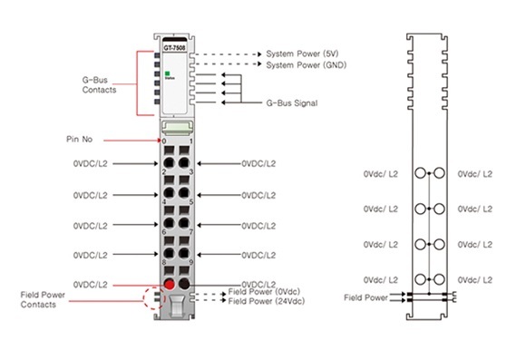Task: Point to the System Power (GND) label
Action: pyautogui.click(x=308, y=65)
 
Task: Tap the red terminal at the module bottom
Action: pyautogui.click(x=168, y=285)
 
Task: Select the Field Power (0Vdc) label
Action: pyautogui.click(x=264, y=291)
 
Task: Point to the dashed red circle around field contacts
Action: pyautogui.click(x=151, y=299)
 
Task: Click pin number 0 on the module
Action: pyautogui.click(x=164, y=142)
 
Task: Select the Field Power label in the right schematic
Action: pyautogui.click(x=365, y=297)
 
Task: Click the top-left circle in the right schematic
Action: pyautogui.click(x=419, y=172)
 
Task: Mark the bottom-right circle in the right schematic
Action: pyautogui.click(x=441, y=278)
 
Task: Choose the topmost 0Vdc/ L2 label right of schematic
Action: pyautogui.click(x=475, y=172)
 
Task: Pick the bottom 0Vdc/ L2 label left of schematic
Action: pyautogui.click(x=381, y=278)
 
